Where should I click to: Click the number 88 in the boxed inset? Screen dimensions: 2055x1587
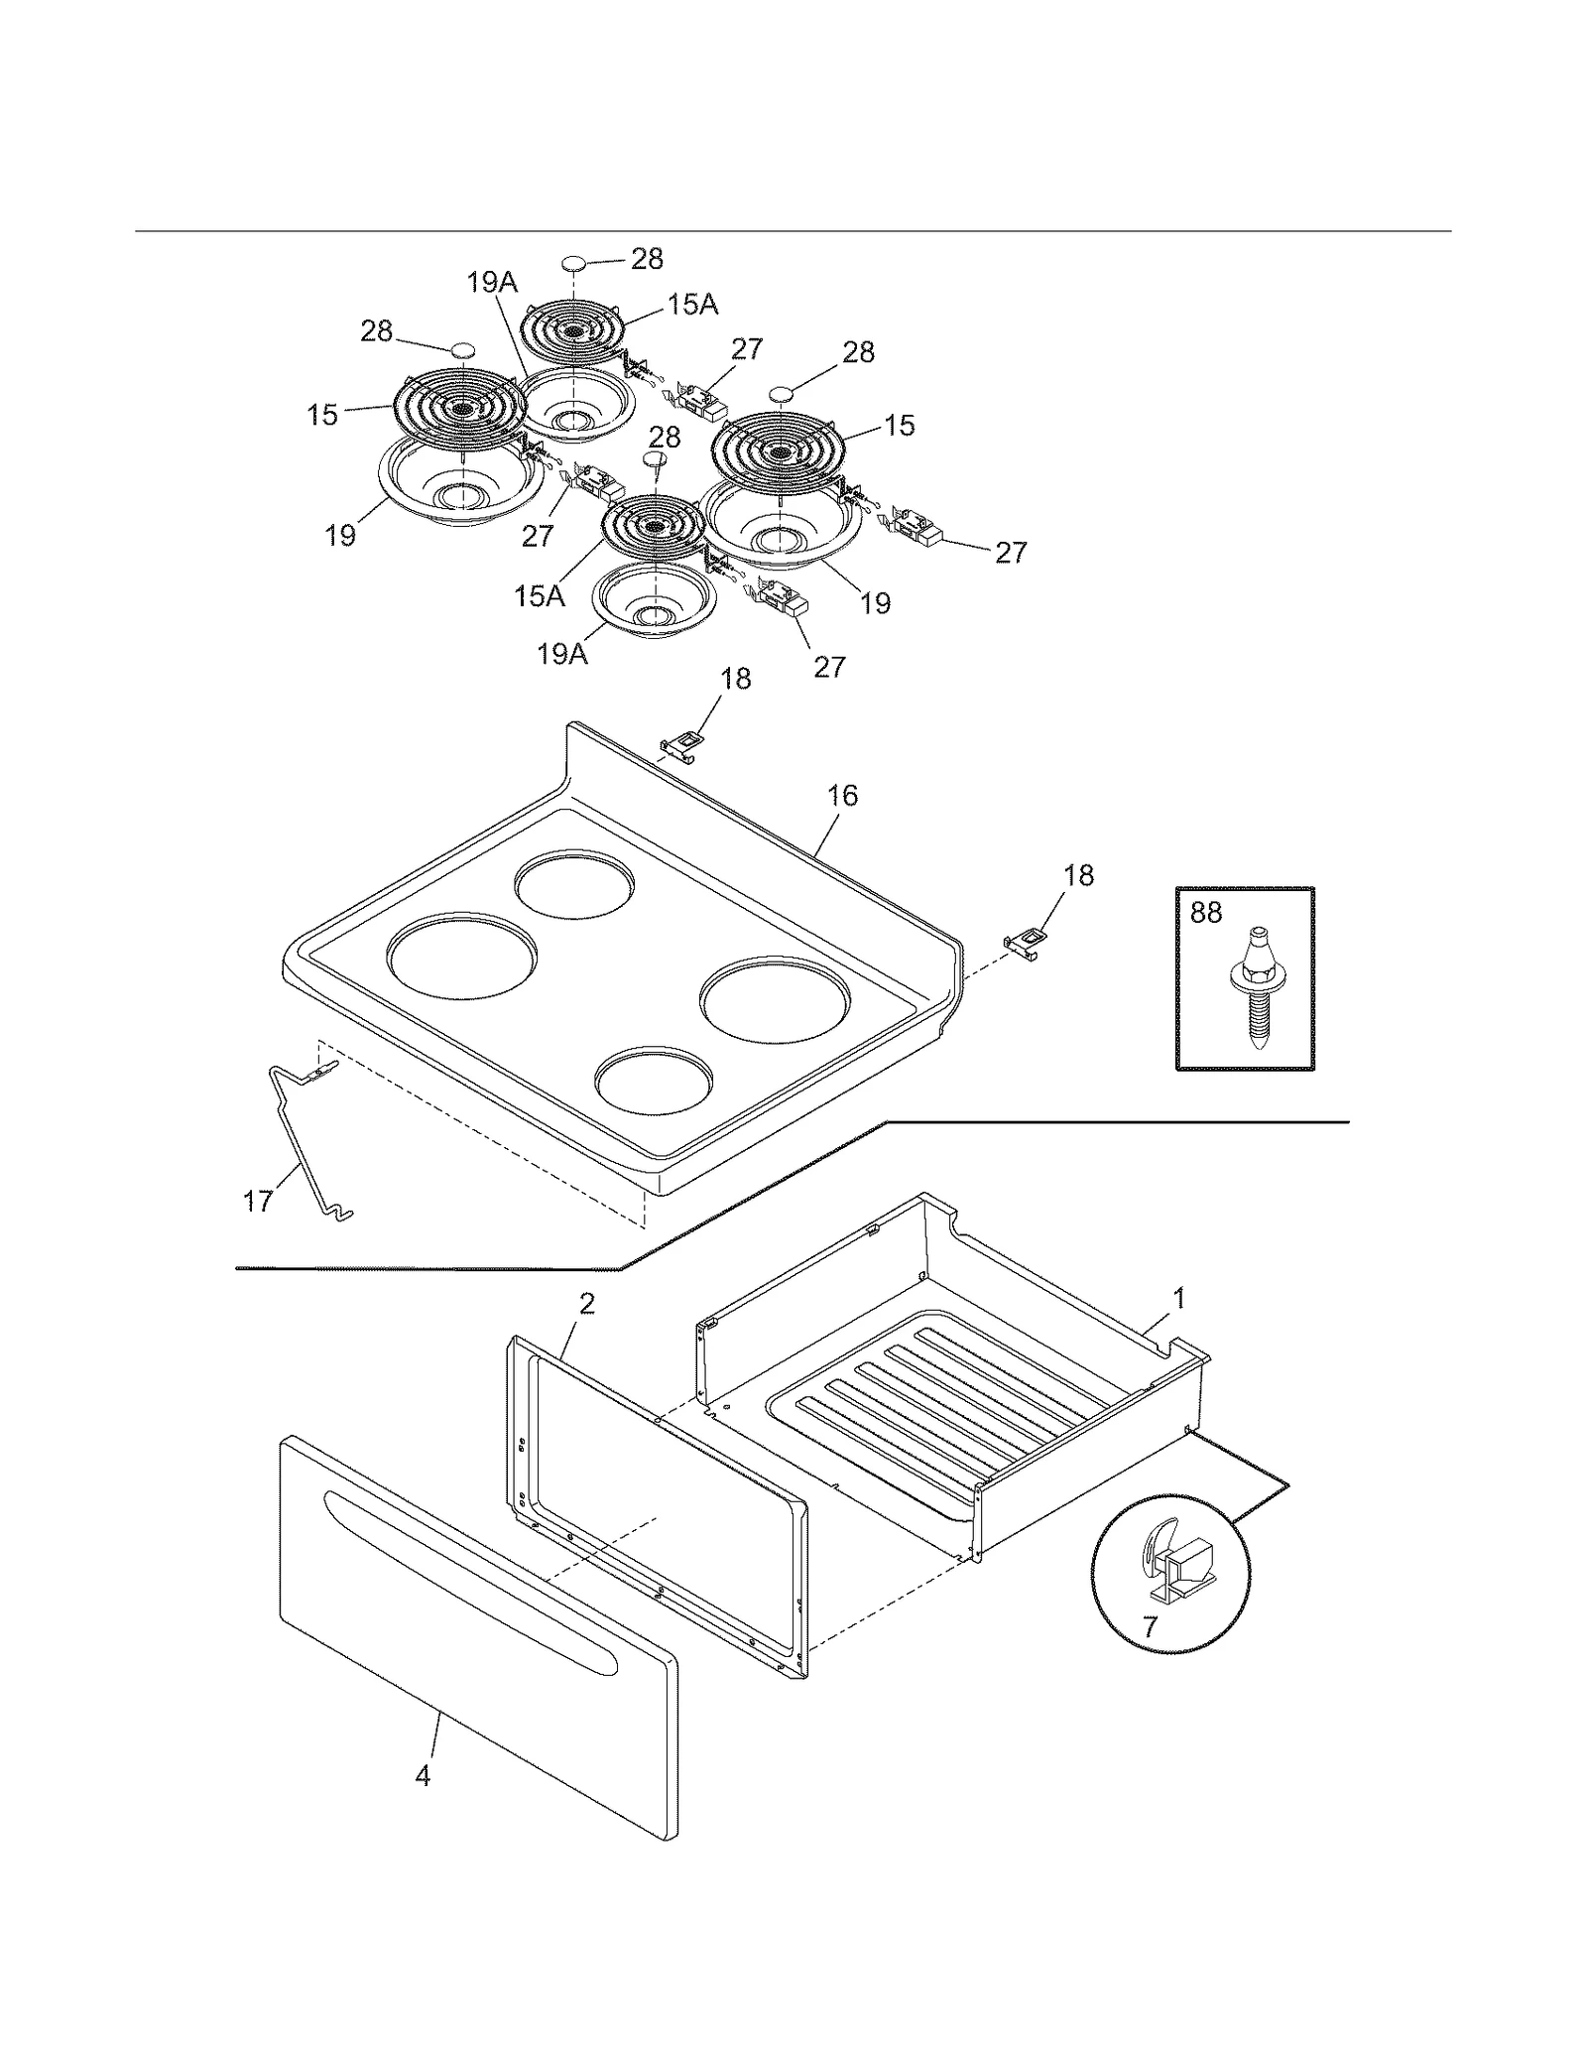click(1205, 912)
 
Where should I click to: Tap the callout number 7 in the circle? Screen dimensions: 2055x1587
click(1150, 1627)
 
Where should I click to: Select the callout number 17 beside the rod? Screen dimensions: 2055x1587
click(258, 1202)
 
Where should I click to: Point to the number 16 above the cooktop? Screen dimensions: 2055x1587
click(842, 796)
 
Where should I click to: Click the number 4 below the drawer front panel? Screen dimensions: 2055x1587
click(423, 1776)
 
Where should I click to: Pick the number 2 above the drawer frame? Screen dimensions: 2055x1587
click(587, 1304)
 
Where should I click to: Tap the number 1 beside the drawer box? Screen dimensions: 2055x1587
click(1179, 1297)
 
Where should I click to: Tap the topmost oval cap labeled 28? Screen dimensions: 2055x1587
click(575, 263)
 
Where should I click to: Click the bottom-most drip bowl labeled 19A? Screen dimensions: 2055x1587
click(654, 605)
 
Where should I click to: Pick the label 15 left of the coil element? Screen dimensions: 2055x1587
click(322, 415)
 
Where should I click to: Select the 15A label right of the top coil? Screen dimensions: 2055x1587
click(692, 305)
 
